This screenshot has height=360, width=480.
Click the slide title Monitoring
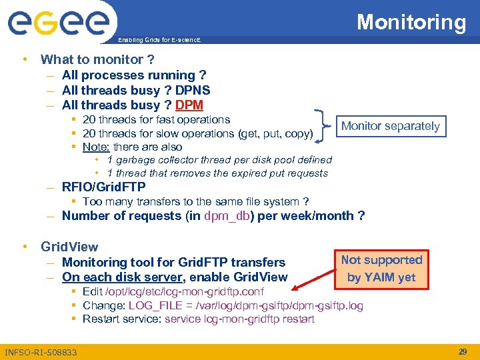click(x=411, y=22)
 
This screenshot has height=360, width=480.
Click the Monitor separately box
click(x=390, y=126)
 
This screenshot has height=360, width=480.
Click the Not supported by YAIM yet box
click(x=381, y=269)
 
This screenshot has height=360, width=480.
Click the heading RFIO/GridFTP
click(x=103, y=187)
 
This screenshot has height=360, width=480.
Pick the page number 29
click(x=461, y=351)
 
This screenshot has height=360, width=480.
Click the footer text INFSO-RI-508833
click(x=41, y=352)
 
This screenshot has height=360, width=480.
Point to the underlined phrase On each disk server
click(x=123, y=277)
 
